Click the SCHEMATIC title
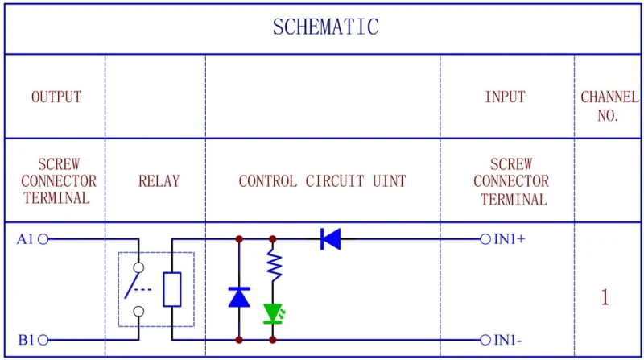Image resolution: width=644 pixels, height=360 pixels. [x=325, y=27]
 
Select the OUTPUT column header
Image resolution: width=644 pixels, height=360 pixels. [x=56, y=97]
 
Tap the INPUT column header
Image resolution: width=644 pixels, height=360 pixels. [x=505, y=97]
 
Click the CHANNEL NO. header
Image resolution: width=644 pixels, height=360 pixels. [x=609, y=106]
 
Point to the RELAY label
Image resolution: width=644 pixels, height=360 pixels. [x=159, y=181]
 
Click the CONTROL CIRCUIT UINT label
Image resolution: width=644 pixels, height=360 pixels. [x=322, y=181]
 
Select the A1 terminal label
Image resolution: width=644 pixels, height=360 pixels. [x=26, y=238]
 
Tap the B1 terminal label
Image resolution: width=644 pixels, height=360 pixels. [x=26, y=340]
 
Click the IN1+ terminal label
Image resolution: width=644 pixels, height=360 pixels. [x=510, y=238]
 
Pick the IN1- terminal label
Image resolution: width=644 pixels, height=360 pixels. [x=508, y=340]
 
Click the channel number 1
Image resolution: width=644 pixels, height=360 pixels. [x=605, y=297]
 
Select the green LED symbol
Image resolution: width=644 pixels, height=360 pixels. [x=274, y=312]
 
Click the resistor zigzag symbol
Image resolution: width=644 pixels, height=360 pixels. [x=274, y=266]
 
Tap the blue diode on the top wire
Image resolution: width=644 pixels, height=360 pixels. [x=330, y=238]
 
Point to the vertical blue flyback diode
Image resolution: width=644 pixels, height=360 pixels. [x=239, y=296]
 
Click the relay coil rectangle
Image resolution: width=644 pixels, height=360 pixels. [x=172, y=289]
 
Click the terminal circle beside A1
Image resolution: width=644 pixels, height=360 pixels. [x=43, y=238]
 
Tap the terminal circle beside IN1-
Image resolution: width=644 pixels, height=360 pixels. [x=485, y=340]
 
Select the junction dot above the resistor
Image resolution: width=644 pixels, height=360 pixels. [x=273, y=238]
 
